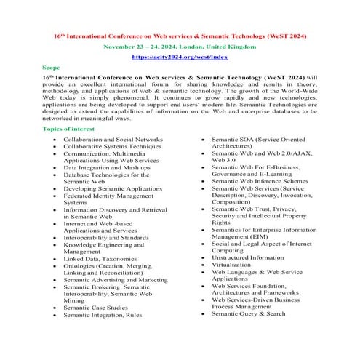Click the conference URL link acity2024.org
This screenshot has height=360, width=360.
(x=179, y=55)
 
